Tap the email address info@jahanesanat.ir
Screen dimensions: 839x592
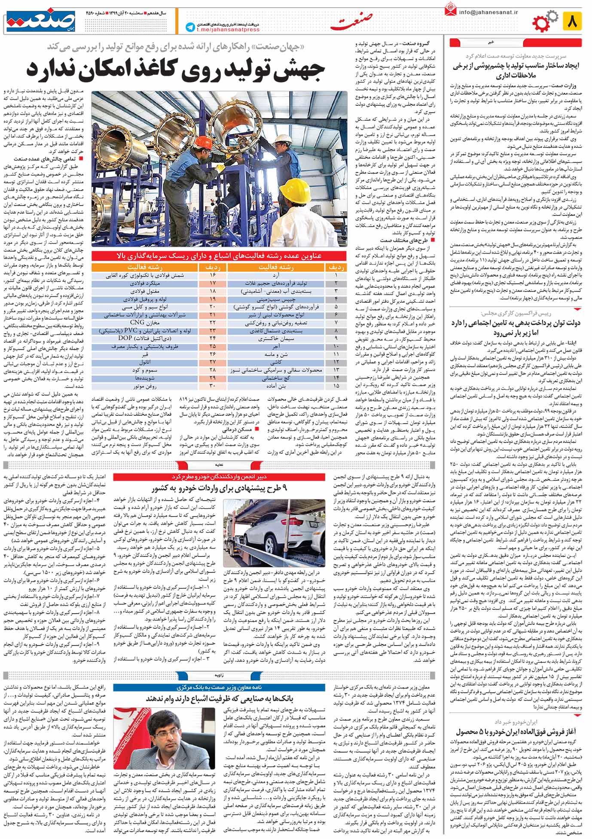pyautogui.click(x=488, y=12)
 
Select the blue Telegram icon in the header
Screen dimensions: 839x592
pyautogui.click(x=189, y=27)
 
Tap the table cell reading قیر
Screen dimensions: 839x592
pyautogui.click(x=145, y=354)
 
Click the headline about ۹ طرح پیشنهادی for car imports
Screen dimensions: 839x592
pyautogui.click(x=219, y=489)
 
